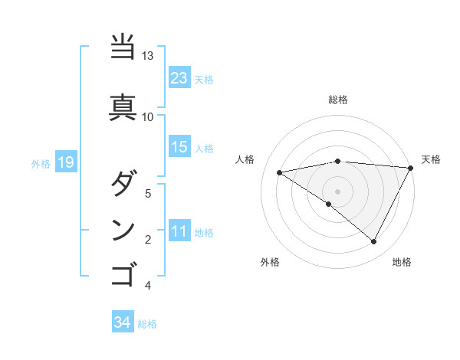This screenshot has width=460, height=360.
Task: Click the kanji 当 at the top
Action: [123, 47]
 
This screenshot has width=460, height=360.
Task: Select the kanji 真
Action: [123, 106]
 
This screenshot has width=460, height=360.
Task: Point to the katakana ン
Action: [123, 230]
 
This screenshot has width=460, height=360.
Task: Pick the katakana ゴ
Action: [123, 273]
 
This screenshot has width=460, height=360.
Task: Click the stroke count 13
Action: [148, 57]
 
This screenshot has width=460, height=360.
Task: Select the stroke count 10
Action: [148, 116]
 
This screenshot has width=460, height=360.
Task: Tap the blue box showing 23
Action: [179, 78]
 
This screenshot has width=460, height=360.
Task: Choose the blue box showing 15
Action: [179, 147]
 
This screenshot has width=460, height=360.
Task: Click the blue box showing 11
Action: [179, 231]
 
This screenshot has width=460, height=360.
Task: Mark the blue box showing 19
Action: [65, 162]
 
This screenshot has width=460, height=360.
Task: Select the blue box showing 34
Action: [122, 323]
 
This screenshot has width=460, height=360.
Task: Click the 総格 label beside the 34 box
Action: [147, 324]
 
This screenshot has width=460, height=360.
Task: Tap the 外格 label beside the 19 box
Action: [41, 163]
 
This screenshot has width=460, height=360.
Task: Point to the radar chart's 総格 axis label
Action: [338, 100]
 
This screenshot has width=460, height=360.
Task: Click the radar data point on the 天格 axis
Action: [411, 168]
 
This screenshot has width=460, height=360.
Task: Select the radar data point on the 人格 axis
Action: [280, 172]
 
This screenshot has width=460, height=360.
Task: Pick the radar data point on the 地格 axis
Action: [374, 242]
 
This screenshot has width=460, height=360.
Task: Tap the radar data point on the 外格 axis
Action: [329, 204]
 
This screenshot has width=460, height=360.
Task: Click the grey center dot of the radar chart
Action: [338, 191]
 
